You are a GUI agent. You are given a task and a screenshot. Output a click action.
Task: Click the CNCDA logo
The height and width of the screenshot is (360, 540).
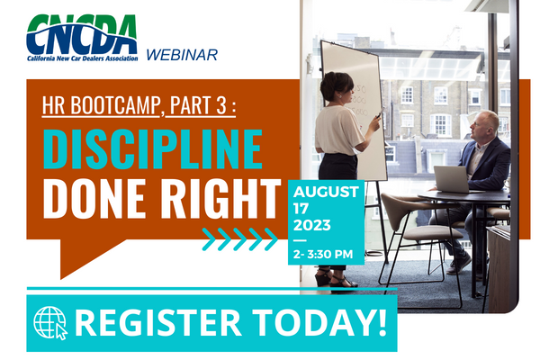tap(82, 38)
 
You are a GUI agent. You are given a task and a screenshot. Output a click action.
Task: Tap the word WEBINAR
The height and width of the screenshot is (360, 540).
tap(182, 55)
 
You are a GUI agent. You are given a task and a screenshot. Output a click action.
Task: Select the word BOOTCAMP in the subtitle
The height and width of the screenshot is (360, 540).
tap(116, 104)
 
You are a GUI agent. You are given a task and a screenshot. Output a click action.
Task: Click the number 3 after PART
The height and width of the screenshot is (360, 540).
tap(221, 105)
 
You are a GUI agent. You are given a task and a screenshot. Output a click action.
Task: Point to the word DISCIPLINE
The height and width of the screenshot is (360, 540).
tap(153, 149)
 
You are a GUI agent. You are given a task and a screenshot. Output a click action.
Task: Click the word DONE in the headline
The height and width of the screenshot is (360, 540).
tap(94, 198)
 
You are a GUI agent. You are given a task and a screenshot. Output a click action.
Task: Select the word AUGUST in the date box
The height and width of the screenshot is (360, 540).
tap(326, 192)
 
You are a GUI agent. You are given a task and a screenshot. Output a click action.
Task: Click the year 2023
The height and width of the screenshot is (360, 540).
tap(312, 225)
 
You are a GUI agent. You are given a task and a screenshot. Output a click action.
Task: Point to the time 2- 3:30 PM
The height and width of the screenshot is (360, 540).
tap(323, 254)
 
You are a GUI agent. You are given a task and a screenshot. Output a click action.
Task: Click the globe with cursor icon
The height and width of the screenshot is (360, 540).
tap(50, 323)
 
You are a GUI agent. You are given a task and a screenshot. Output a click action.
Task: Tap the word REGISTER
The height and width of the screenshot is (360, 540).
tap(158, 323)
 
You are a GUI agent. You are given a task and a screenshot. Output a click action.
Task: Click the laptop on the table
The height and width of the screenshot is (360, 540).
tap(452, 179)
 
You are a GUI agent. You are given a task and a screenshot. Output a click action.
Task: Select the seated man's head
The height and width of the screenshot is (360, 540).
tap(485, 124)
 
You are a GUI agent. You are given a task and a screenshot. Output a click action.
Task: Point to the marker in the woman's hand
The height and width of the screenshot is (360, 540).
tap(379, 113)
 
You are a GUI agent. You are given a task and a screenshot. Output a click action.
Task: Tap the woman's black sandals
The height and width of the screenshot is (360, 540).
tap(336, 278)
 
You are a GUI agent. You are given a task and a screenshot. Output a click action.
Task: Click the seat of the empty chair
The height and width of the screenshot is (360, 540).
tap(433, 233)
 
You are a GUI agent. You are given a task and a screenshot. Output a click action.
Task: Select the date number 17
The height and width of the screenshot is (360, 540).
tap(301, 209)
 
